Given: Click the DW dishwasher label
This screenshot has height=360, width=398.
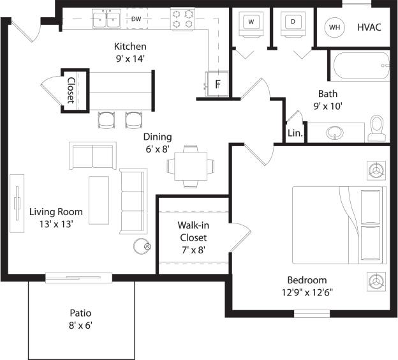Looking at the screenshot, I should click(136, 19).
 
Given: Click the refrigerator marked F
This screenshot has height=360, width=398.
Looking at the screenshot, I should click(216, 83).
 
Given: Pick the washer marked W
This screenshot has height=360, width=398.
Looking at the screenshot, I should click(251, 22).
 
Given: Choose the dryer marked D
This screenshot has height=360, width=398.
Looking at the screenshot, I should click(293, 22).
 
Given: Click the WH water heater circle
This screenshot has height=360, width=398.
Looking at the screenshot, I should click(335, 27).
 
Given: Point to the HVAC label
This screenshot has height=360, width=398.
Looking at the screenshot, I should click(369, 27).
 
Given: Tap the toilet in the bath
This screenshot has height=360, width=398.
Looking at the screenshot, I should click(377, 128).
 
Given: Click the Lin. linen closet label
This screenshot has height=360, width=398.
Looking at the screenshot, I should click(295, 133).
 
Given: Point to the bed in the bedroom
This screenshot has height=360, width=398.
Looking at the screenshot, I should click(340, 225).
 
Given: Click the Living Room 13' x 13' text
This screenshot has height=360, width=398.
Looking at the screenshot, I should click(56, 218).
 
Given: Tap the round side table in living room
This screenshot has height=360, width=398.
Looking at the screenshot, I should click(141, 246).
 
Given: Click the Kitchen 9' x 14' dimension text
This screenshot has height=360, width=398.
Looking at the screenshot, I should click(130, 52).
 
